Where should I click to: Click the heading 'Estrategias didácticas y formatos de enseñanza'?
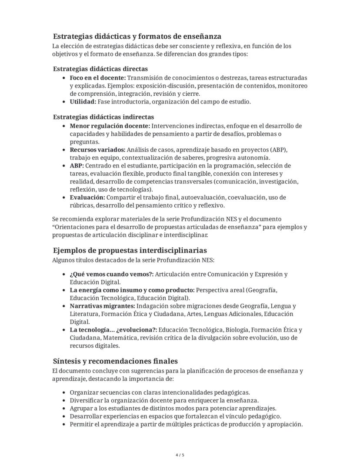click(137, 36)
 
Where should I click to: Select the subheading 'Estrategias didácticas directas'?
click(100, 69)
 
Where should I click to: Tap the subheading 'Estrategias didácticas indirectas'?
click(103, 117)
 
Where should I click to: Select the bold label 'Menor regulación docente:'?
click(110, 126)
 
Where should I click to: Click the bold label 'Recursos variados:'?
click(97, 150)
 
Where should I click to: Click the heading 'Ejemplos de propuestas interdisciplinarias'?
click(130, 250)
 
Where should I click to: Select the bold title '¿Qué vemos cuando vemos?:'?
click(111, 274)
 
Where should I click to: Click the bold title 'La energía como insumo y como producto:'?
click(132, 290)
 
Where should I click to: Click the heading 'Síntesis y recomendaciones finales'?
click(115, 361)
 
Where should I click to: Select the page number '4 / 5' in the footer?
click(180, 455)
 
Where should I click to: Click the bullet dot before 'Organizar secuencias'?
click(65, 392)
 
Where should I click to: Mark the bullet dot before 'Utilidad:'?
click(65, 102)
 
